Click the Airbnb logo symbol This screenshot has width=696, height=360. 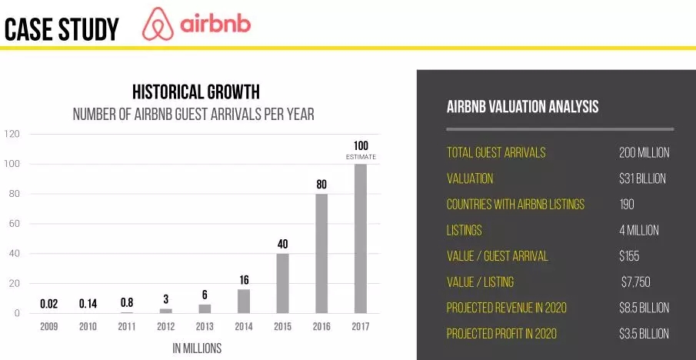(x=158, y=24)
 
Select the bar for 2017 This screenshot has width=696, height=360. (x=361, y=238)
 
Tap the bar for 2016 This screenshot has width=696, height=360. (x=321, y=254)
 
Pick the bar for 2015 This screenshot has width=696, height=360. (x=283, y=283)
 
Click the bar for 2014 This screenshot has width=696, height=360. (x=244, y=302)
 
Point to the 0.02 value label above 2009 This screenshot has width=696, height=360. (x=48, y=304)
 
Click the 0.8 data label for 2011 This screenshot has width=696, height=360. (x=126, y=303)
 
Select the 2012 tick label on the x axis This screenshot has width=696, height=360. (x=165, y=327)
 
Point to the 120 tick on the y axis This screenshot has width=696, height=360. (x=12, y=134)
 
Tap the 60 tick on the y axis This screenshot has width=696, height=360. (x=14, y=224)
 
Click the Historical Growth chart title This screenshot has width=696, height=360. (x=196, y=92)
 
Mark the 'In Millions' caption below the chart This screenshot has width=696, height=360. (x=197, y=348)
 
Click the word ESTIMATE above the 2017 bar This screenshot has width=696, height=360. (x=361, y=157)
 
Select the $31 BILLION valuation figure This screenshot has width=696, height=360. (x=642, y=179)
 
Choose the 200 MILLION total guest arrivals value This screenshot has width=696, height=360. (x=644, y=153)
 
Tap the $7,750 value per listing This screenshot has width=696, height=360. (x=636, y=282)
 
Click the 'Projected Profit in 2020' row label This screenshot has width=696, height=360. (x=501, y=334)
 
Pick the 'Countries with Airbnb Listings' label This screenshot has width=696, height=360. (x=515, y=205)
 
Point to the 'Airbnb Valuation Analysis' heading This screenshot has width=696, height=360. (x=522, y=107)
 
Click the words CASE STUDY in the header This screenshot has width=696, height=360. (x=62, y=29)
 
